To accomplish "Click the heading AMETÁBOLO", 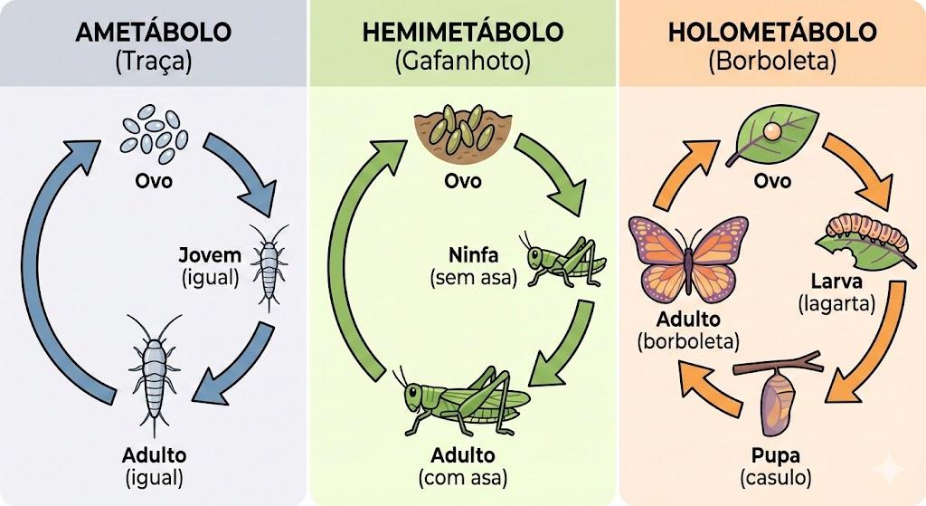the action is (x=154, y=32).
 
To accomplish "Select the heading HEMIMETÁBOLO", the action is (x=462, y=32).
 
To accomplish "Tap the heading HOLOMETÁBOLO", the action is (x=772, y=32).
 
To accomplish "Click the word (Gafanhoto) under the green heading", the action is (x=462, y=61).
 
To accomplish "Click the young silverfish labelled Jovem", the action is (x=269, y=266).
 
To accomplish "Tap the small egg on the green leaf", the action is (x=770, y=131).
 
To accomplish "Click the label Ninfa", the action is (x=473, y=254).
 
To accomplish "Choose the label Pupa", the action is (x=775, y=455).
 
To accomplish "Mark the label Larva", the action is (x=836, y=281).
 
